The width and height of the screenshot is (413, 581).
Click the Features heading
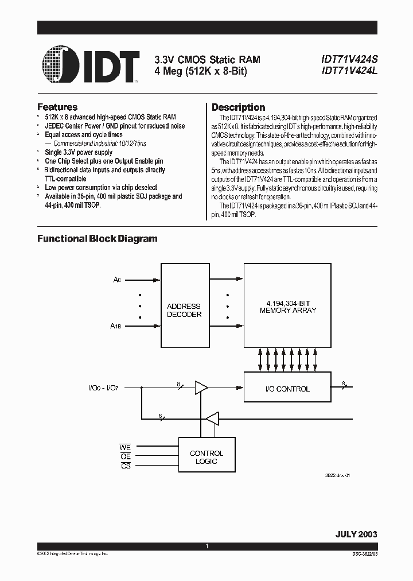coord(57,107)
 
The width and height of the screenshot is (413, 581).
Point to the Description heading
coord(238,107)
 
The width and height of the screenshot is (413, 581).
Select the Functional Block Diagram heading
coord(98,238)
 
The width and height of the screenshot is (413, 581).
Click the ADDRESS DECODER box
coord(184,310)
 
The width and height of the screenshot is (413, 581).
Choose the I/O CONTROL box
coord(288,389)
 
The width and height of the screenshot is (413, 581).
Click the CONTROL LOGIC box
coord(206,457)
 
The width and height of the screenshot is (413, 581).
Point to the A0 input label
coord(117,280)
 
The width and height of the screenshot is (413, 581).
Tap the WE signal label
coord(126,446)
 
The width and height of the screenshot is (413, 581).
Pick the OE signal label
coord(126,456)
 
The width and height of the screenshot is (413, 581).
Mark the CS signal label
coord(126,466)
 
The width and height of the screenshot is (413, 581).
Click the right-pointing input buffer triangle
coord(201,389)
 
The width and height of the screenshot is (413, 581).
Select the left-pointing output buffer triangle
coord(212,419)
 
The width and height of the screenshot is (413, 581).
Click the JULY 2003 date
coord(356,533)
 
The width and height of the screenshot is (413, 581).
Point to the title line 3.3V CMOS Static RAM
coord(207,59)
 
